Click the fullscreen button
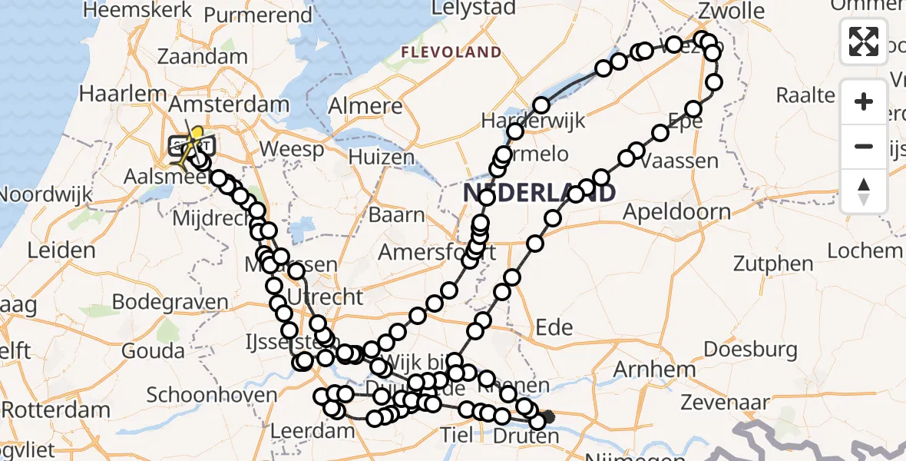pos(864,41)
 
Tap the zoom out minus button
pos(864,146)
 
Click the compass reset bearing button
pos(864,191)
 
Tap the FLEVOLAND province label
pos(452,52)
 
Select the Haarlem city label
pos(124,94)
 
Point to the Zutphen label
pos(773,264)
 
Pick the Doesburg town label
pos(749,350)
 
